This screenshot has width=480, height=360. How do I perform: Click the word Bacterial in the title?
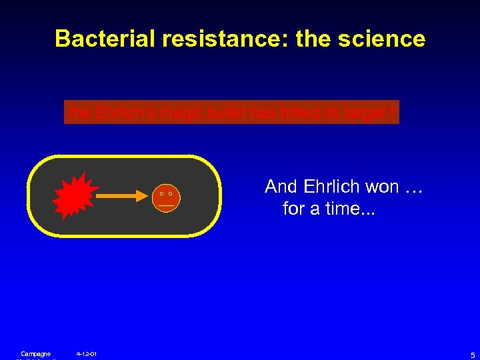click(105, 39)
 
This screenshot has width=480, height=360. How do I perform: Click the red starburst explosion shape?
click(75, 195)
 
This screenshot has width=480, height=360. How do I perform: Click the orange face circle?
click(166, 197)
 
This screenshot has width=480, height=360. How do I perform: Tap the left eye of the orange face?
click(161, 193)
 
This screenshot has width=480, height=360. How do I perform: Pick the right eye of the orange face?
click(171, 193)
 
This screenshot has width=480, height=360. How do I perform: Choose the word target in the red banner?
click(367, 113)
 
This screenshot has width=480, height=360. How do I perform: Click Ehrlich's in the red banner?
click(125, 113)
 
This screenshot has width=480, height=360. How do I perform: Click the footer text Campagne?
click(35, 353)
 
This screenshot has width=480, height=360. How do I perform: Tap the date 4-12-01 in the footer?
click(87, 353)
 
